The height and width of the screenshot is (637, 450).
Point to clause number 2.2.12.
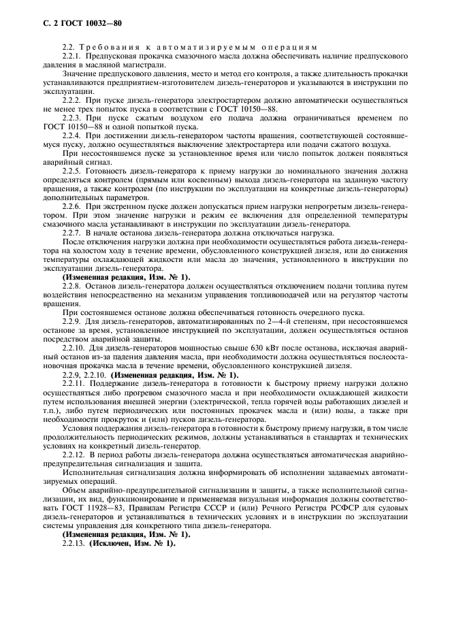coord(74,454)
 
